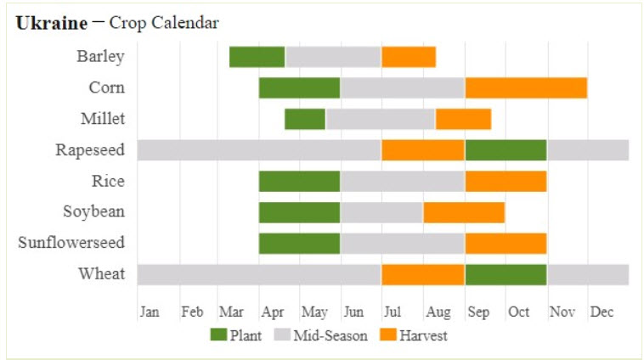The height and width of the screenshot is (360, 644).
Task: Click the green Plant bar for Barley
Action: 257,57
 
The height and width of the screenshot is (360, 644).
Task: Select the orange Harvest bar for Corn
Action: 526,88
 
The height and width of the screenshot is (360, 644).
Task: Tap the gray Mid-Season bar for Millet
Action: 380,119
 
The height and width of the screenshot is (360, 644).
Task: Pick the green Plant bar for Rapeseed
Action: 506,150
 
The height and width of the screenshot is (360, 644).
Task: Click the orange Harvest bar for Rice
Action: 506,181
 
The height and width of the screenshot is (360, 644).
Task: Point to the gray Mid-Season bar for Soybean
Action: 381,212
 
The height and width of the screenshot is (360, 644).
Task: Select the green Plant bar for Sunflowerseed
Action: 299,243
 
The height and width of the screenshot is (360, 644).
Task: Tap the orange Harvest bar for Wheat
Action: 422,274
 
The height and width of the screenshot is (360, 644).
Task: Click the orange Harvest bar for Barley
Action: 409,57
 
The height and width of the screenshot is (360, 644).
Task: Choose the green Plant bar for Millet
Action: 305,119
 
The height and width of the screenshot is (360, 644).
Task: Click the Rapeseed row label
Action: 90,150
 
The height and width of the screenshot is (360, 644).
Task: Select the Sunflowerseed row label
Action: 71,243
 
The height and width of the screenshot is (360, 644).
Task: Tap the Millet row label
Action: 103,119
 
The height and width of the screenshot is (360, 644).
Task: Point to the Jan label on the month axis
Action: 149,312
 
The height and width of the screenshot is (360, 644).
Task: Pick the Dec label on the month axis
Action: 602,312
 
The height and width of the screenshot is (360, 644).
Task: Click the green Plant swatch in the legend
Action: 219,335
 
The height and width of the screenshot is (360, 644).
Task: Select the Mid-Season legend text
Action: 330,335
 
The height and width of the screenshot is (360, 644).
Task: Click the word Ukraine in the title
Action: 51,23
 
